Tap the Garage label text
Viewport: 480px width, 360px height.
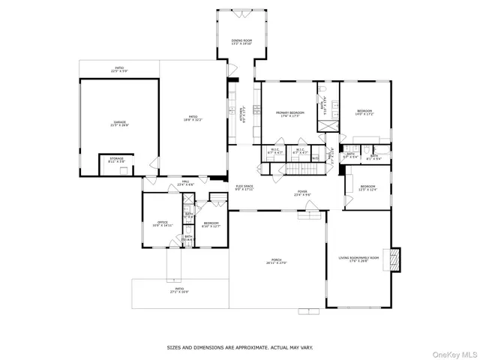pyautogui.click(x=120, y=122)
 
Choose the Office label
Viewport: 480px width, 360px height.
pyautogui.click(x=163, y=223)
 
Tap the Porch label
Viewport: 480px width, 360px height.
pyautogui.click(x=277, y=262)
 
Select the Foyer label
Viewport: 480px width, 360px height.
pyautogui.click(x=301, y=193)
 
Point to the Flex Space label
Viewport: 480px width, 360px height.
pyautogui.click(x=244, y=187)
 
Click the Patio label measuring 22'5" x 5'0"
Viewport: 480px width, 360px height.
pyautogui.click(x=119, y=69)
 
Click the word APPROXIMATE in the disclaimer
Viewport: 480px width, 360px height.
pyautogui.click(x=253, y=347)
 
